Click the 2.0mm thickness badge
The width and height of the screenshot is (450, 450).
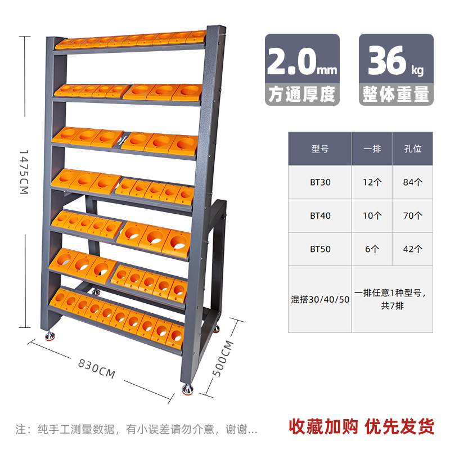point(302,70)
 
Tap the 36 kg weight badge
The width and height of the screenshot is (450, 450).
point(397,70)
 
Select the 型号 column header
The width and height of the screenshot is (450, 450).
point(319,149)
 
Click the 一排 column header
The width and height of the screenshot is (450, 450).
point(372,149)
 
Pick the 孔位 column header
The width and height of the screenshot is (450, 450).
point(413,149)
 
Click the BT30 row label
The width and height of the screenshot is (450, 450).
point(319,182)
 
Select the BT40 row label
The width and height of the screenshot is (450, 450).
point(319,215)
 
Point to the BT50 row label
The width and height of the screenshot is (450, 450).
point(319,249)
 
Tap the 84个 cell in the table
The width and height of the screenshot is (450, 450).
point(413,182)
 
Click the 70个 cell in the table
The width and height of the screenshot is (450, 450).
point(413,215)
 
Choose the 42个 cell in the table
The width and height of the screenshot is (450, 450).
point(413,249)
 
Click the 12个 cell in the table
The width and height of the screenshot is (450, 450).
point(372,182)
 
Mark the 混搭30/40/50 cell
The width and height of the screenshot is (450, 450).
point(320,299)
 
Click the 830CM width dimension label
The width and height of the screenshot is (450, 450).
point(97,368)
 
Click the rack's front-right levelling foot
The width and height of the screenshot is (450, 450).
point(188,388)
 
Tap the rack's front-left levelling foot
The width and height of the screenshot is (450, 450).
point(48,337)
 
